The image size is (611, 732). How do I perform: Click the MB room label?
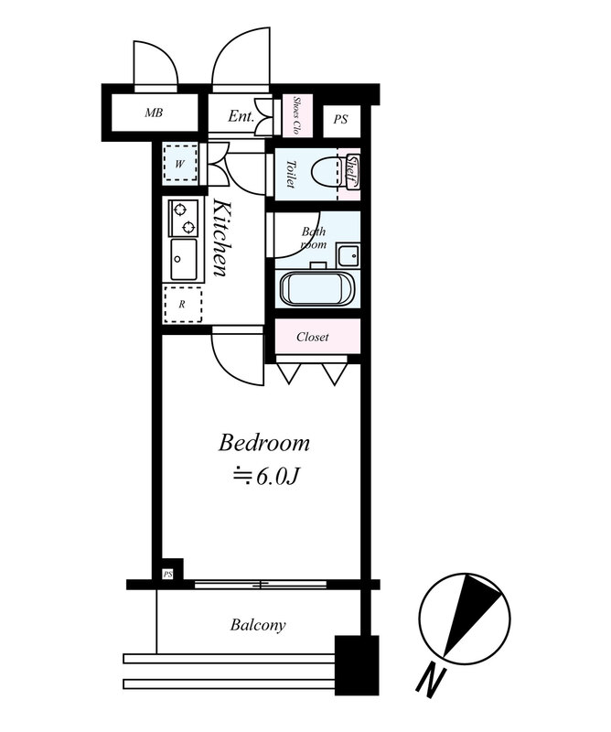coord(154,113)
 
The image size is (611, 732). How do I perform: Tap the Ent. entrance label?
coord(241,116)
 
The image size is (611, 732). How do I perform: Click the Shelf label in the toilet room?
coord(352,172)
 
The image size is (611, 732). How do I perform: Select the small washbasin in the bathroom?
coord(348,255)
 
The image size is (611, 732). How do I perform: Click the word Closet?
coord(312,337)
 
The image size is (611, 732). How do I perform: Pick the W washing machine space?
coord(179,164)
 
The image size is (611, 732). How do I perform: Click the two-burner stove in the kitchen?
coord(183,218)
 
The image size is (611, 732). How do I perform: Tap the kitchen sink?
coord(184,260)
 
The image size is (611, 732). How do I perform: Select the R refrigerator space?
coord(183,305)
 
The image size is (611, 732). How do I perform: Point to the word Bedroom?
coord(263,443)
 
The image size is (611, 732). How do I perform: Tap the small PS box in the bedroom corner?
coord(167,575)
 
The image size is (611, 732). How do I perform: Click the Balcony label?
coord(258,625)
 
